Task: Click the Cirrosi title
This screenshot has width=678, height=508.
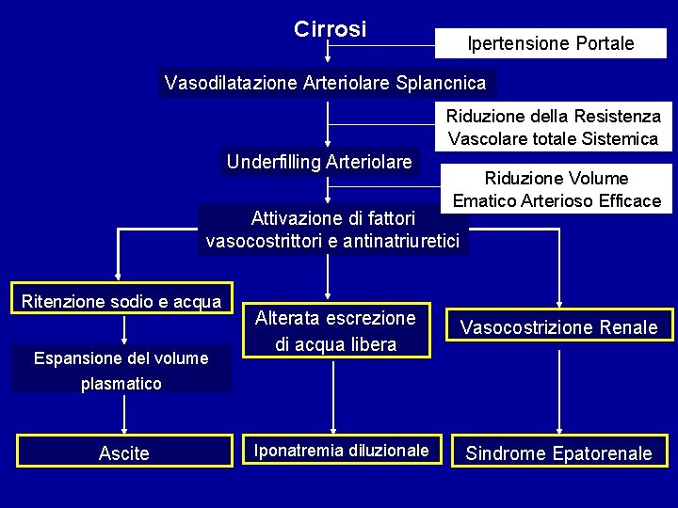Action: tap(330, 30)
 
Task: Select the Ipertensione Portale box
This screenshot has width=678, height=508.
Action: tap(551, 43)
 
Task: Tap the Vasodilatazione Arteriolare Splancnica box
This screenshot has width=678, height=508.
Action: tap(326, 83)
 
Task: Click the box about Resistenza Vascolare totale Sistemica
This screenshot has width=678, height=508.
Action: tap(554, 127)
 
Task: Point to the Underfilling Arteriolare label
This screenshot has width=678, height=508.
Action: tap(319, 162)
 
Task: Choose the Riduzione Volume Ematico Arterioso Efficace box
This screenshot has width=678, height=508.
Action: tap(557, 189)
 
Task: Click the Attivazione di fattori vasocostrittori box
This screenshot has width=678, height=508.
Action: tap(333, 230)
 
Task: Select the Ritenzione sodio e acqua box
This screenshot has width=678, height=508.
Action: tap(121, 302)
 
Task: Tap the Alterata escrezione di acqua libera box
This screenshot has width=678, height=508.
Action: tap(335, 331)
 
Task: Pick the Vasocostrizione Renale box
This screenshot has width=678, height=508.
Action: tap(559, 327)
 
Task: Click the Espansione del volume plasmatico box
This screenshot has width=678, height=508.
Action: tap(121, 370)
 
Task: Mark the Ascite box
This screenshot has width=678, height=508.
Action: tap(123, 453)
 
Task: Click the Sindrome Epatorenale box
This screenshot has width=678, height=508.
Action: tap(558, 453)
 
